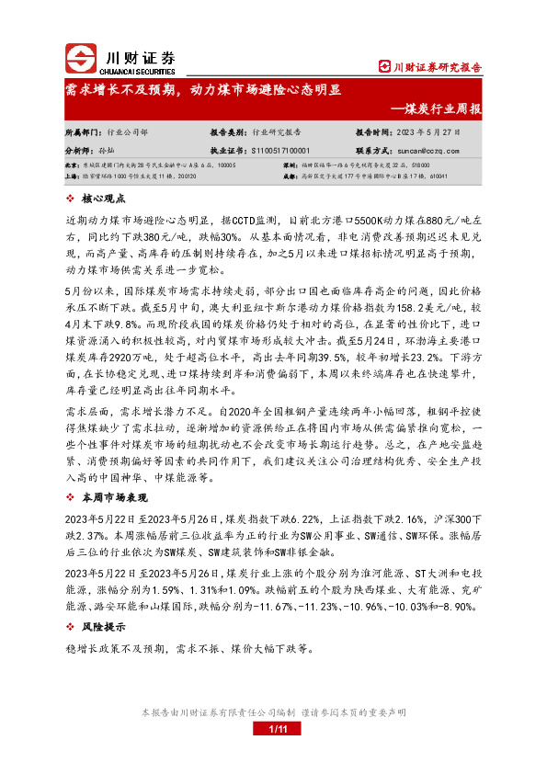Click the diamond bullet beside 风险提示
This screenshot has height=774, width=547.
tap(72, 628)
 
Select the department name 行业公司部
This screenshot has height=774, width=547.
tap(126, 132)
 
